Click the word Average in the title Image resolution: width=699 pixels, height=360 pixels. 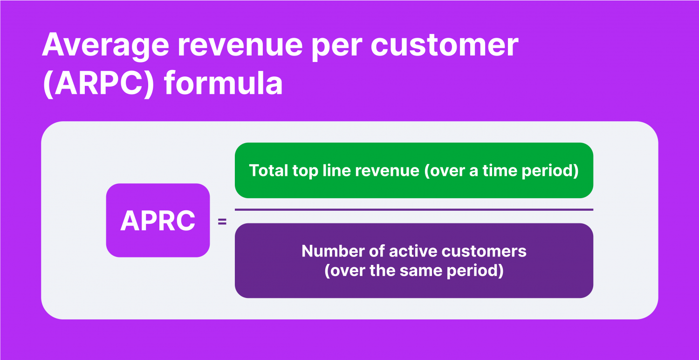pos(106,46)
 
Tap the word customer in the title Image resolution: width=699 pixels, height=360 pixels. pos(445,45)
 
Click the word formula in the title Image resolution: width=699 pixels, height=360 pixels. pos(223,83)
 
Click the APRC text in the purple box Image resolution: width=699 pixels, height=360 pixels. pos(158,221)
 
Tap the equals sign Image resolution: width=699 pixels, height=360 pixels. pos(222,222)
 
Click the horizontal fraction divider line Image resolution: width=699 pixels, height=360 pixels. pos(414,209)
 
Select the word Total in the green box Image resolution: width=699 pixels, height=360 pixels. pos(268,171)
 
